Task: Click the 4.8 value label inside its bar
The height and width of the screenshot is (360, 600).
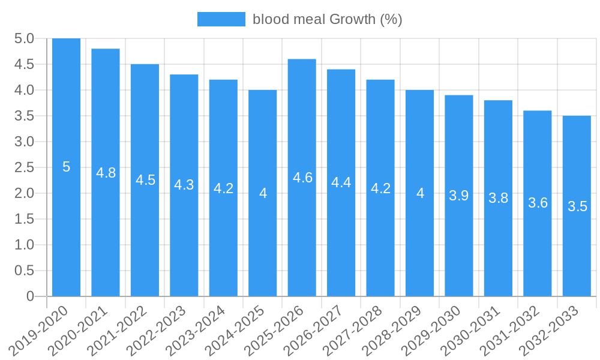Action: pos(106,173)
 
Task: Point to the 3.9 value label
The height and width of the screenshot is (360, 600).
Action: pos(459,196)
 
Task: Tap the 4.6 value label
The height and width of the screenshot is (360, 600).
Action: pos(302,178)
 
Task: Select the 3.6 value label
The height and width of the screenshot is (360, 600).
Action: pos(538,203)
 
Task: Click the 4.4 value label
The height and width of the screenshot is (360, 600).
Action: pos(341,182)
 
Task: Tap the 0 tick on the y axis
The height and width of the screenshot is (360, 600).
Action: pos(30,296)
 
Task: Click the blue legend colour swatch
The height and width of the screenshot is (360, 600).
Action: pos(221,19)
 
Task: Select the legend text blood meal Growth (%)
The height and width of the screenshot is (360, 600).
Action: pos(327,19)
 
